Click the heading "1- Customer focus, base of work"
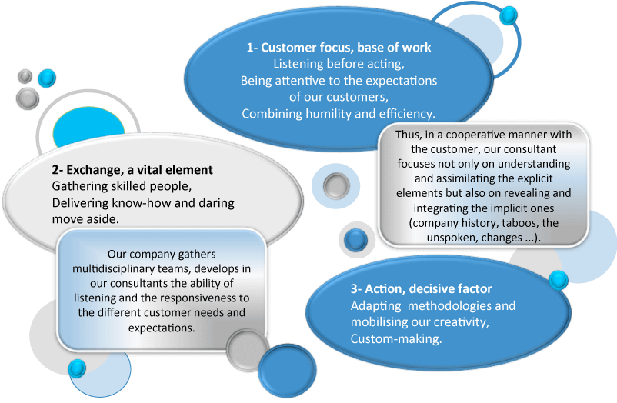pyautogui.click(x=339, y=48)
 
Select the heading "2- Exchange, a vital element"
pyautogui.click(x=132, y=169)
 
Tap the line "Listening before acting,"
pyautogui.click(x=339, y=64)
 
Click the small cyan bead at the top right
pyautogui.click(x=508, y=15)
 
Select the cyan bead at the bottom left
pyautogui.click(x=77, y=368)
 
